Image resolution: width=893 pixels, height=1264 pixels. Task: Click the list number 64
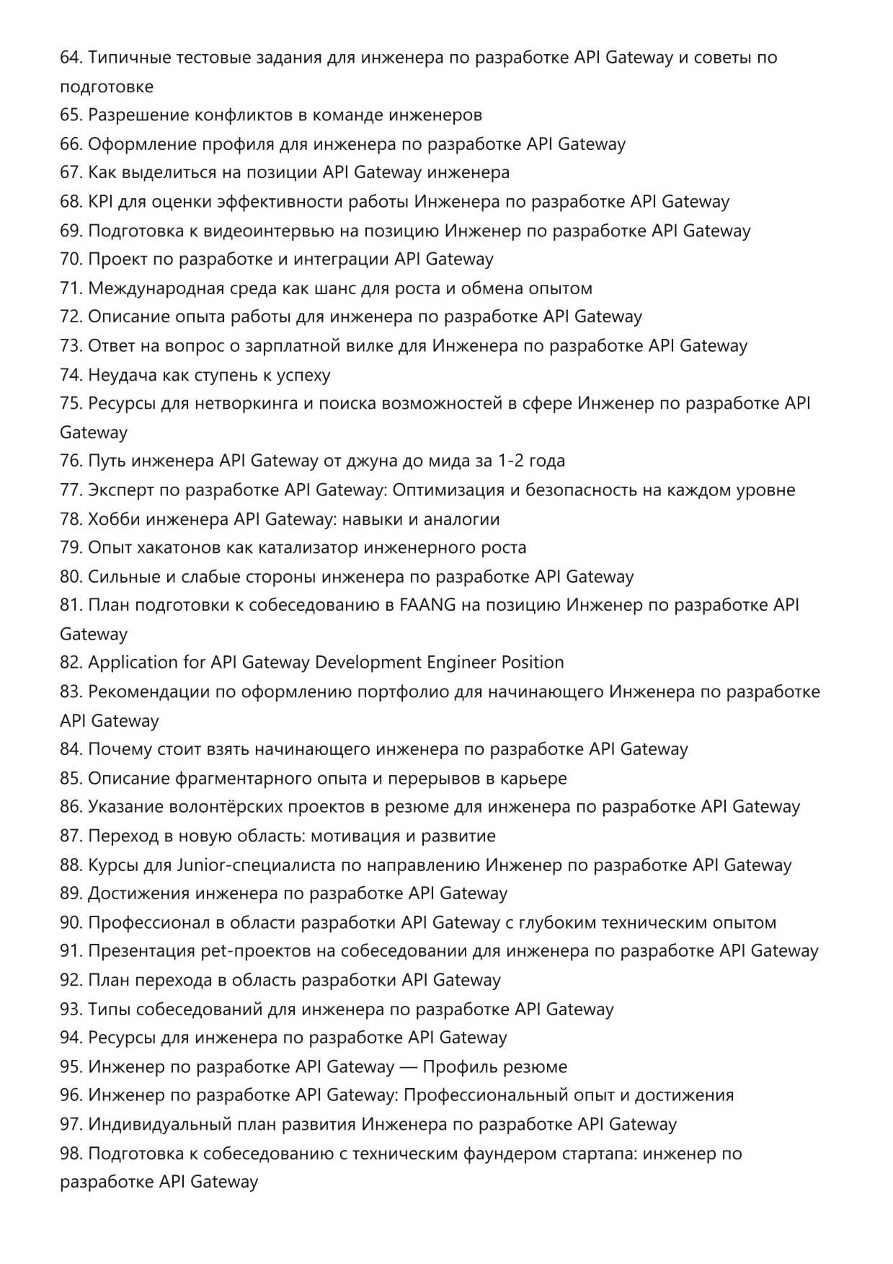tap(71, 58)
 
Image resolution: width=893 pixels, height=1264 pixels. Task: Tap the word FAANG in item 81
tap(427, 605)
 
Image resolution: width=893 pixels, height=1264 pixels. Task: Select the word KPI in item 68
tap(100, 202)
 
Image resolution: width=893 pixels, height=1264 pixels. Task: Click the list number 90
tap(71, 923)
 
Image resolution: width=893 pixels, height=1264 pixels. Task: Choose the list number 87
tap(71, 836)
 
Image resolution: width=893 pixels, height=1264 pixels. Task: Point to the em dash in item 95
tap(408, 1067)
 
